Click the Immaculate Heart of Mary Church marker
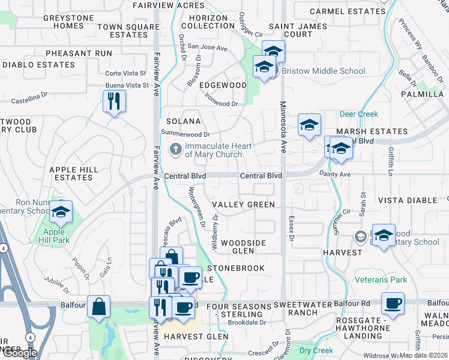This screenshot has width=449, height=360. tap(175, 149)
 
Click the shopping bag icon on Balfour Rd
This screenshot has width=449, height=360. tap(98, 307)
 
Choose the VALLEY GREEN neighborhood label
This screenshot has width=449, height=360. tap(243, 205)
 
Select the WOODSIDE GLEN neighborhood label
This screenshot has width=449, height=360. tap(243, 247)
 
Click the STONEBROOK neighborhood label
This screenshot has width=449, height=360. tap(235, 268)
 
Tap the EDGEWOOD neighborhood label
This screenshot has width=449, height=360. tap(223, 85)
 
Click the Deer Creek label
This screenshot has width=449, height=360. tap(358, 113)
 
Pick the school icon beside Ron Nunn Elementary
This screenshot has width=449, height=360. tap(61, 212)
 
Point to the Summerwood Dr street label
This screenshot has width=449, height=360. tap(185, 134)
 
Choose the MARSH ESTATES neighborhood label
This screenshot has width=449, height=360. tap(372, 131)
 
